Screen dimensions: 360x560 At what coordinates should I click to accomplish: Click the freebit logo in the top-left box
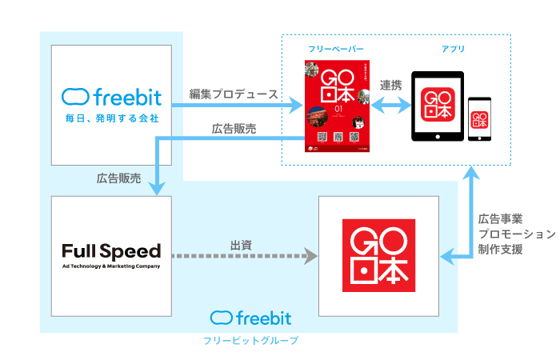[111, 98]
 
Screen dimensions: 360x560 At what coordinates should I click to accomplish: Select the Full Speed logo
[111, 251]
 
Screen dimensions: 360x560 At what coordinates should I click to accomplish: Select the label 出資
[241, 245]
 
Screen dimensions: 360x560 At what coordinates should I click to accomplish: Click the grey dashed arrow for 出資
[243, 258]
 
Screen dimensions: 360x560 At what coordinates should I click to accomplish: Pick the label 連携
[391, 86]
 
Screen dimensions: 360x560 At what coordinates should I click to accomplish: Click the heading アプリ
[453, 49]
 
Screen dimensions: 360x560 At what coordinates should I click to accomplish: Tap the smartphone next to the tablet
[480, 118]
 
